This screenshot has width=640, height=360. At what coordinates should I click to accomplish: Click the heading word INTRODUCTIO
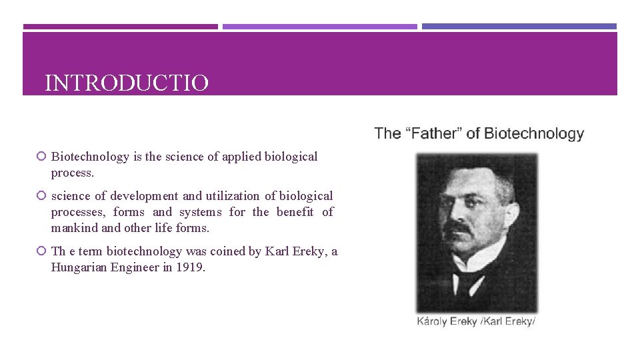point(127,83)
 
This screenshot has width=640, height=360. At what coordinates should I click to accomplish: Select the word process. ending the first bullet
point(73,173)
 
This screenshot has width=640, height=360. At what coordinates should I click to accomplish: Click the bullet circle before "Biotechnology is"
point(42,157)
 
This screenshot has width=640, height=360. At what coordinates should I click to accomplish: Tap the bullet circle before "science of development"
point(42,197)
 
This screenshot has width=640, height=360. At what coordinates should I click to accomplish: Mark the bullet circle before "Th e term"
point(42,252)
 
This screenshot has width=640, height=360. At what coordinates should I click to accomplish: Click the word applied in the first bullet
point(241,157)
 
